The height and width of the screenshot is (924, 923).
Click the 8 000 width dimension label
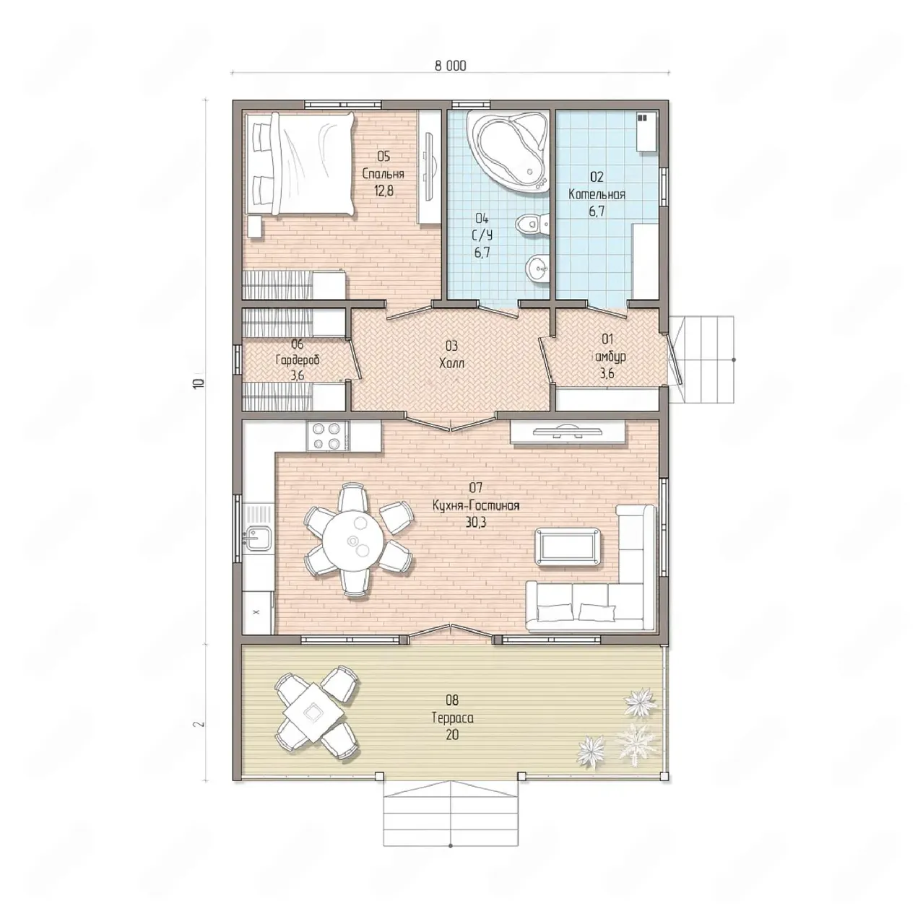tap(450, 66)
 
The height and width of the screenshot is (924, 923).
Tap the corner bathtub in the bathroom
tap(509, 149)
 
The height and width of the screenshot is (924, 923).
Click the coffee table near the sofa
tap(568, 547)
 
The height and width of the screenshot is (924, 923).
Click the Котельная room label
tap(597, 194)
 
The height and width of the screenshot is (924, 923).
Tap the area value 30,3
tap(475, 522)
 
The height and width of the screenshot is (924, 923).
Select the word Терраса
tap(452, 718)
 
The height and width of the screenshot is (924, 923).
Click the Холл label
tap(451, 363)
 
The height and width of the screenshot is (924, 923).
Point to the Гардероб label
tap(298, 359)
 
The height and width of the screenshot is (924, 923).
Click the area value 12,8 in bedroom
tap(383, 191)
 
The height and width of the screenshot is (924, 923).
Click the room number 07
tap(475, 488)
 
